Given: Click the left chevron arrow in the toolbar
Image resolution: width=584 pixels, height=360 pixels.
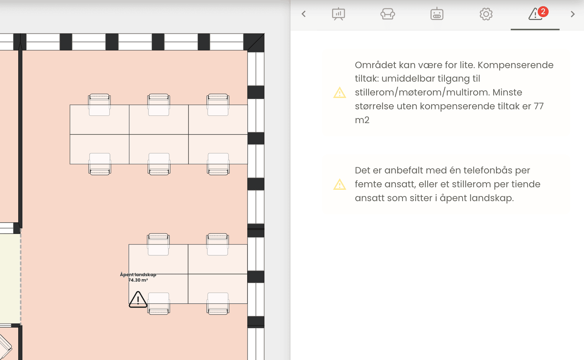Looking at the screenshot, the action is pyautogui.click(x=303, y=14).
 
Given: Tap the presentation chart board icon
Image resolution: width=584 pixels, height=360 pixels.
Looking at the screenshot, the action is pyautogui.click(x=338, y=14).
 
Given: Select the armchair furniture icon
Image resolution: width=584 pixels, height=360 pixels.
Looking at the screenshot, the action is pyautogui.click(x=388, y=14).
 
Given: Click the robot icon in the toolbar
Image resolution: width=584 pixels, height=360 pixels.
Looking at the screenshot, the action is pyautogui.click(x=437, y=14).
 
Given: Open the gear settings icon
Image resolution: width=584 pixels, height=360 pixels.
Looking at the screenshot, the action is pyautogui.click(x=486, y=14).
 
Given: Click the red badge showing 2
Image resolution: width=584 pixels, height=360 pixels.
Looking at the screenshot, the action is pyautogui.click(x=543, y=12).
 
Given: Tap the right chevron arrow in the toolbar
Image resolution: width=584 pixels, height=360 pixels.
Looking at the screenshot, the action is pyautogui.click(x=573, y=14).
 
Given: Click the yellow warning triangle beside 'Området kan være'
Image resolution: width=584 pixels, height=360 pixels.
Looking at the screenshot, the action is pyautogui.click(x=339, y=93).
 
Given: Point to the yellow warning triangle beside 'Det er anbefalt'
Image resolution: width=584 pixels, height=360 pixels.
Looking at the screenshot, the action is pyautogui.click(x=339, y=184).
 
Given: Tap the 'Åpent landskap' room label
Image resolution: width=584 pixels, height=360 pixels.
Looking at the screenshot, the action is pyautogui.click(x=138, y=274).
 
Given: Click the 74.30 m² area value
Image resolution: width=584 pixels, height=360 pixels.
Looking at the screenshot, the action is pyautogui.click(x=138, y=280).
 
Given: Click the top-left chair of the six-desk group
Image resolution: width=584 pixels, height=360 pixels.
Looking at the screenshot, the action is pyautogui.click(x=99, y=105).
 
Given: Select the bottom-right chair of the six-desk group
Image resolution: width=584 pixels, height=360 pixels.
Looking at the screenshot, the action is pyautogui.click(x=218, y=164).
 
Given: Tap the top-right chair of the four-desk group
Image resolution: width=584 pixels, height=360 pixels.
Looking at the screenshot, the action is pyautogui.click(x=217, y=244).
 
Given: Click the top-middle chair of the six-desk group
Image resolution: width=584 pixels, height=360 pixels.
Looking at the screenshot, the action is pyautogui.click(x=159, y=105).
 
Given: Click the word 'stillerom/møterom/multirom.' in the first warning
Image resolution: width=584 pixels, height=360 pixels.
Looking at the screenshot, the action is pyautogui.click(x=423, y=93).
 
